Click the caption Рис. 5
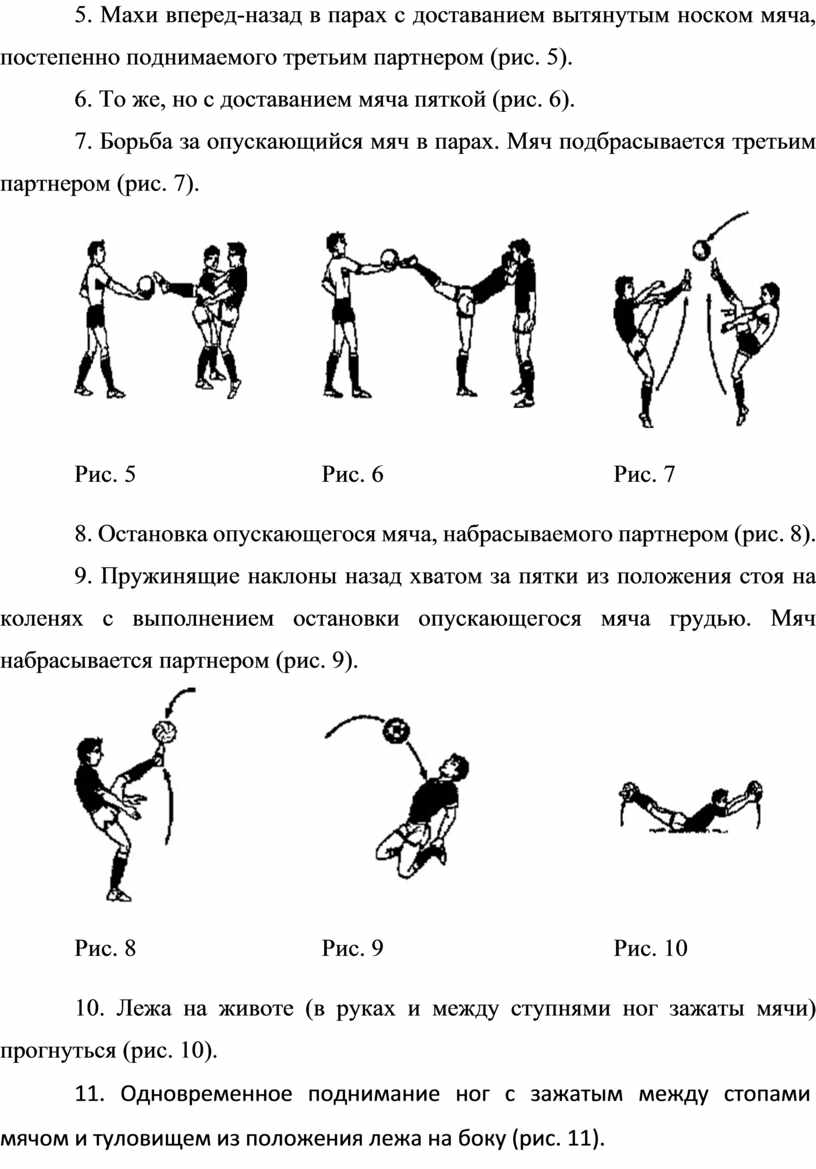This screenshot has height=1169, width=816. point(105,474)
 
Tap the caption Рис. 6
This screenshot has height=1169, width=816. point(352,474)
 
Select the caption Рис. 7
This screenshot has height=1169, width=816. point(645,474)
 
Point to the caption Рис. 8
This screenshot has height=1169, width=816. point(105,948)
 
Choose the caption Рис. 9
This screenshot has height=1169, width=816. point(352,948)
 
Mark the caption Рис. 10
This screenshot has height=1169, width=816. point(651,948)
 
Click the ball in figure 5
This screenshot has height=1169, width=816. point(147,286)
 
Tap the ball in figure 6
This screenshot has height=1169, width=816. point(390,259)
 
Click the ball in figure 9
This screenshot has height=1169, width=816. point(396,730)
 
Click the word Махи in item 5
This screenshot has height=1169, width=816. point(127,16)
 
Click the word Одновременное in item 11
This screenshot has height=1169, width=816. point(206,1094)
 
